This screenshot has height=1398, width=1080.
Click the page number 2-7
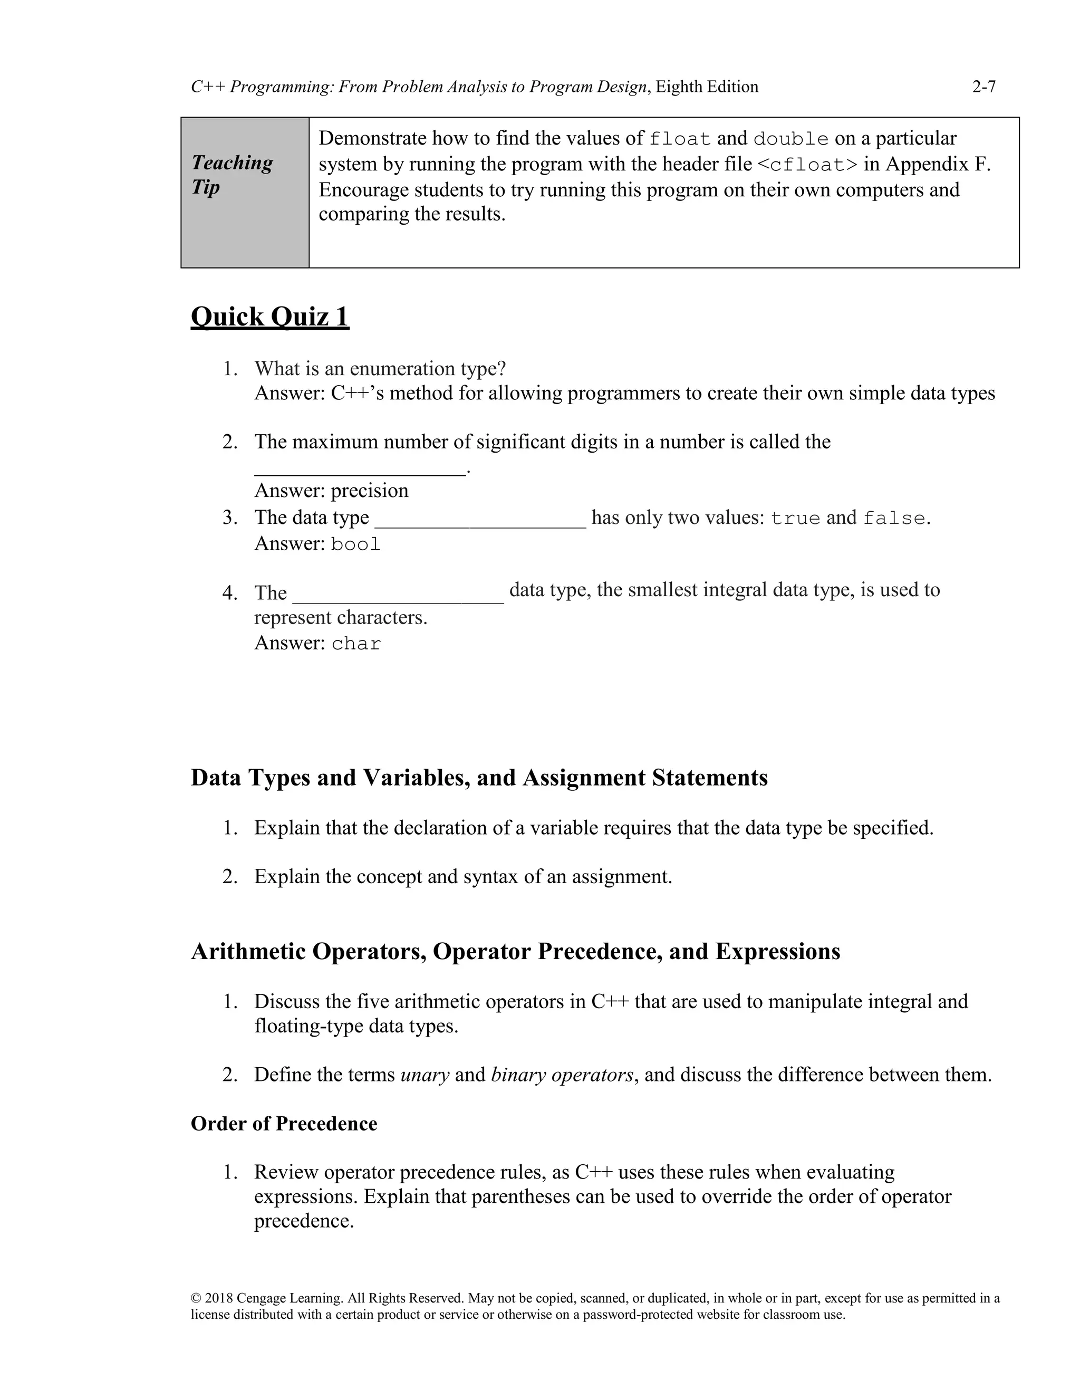983,87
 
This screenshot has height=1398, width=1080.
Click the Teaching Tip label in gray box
232,175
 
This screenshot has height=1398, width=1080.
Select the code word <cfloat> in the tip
807,165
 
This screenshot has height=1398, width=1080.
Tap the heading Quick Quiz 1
269,317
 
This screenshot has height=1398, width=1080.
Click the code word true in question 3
795,518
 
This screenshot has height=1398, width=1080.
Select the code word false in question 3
894,518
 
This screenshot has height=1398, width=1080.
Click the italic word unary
424,1074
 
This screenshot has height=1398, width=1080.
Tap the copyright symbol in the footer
196,1298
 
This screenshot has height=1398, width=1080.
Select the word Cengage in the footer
261,1298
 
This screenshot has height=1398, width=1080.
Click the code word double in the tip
791,139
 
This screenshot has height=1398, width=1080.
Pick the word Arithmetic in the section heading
248,951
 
